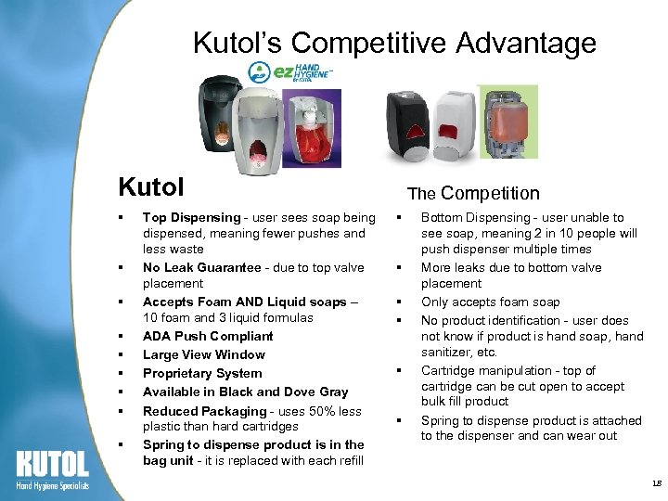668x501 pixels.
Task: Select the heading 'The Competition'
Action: click(473, 193)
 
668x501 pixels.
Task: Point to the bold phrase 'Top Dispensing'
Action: click(188, 217)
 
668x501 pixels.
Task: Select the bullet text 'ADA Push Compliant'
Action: click(208, 336)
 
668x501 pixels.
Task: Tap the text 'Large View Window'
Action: click(203, 354)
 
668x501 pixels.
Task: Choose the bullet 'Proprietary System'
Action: click(201, 373)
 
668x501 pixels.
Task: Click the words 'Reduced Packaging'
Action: click(204, 411)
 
